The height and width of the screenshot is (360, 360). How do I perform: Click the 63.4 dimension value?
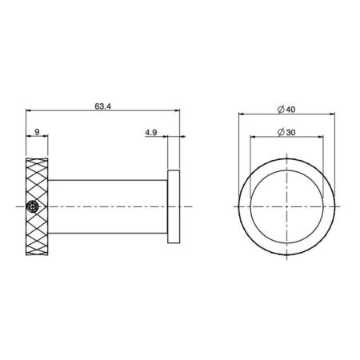[102, 105]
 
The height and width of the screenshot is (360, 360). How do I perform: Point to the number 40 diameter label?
[292, 109]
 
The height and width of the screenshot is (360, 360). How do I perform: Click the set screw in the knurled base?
[32, 206]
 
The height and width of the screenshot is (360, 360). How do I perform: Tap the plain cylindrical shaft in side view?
[108, 206]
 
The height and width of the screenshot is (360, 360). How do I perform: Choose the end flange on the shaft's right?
[173, 206]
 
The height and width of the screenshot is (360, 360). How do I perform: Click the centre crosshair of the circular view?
[287, 206]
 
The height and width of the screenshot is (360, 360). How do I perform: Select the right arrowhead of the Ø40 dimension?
[332, 115]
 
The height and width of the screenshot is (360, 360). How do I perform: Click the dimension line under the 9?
[37, 138]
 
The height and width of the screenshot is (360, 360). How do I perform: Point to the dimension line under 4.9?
[156, 138]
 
